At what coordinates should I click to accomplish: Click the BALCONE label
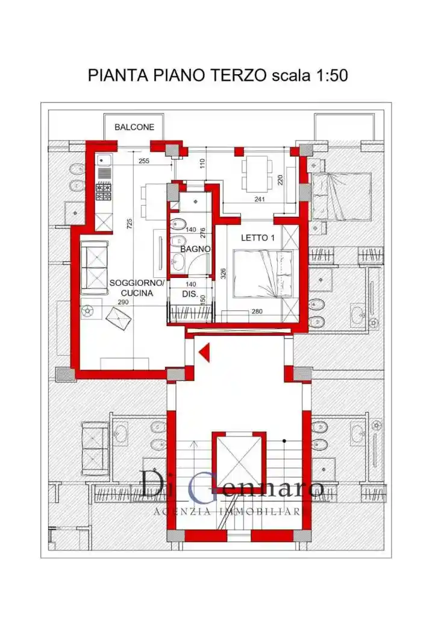(x=134, y=127)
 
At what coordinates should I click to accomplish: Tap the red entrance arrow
(x=205, y=352)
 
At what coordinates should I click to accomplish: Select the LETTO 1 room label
(x=258, y=238)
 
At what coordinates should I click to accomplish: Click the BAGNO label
(x=195, y=249)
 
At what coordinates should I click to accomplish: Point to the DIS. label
(x=190, y=294)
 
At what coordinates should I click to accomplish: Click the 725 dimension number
(x=130, y=224)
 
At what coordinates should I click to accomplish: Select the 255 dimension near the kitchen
(x=144, y=161)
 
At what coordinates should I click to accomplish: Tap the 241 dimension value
(x=260, y=199)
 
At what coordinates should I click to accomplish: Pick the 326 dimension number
(x=223, y=274)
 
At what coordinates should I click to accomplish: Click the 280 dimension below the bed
(x=257, y=311)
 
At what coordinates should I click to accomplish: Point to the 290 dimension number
(x=123, y=302)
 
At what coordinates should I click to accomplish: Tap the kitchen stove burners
(x=103, y=191)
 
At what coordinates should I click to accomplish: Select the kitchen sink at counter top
(x=103, y=161)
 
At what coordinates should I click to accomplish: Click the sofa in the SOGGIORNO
(x=95, y=267)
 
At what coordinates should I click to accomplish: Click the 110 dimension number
(x=203, y=163)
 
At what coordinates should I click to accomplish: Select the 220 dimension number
(x=280, y=179)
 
